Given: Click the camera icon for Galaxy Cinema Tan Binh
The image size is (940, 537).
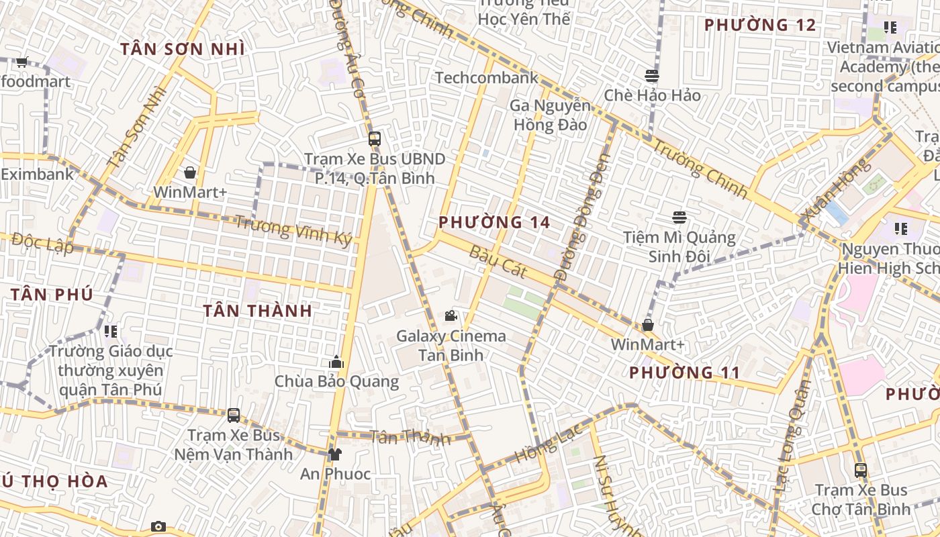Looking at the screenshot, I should pyautogui.click(x=451, y=315).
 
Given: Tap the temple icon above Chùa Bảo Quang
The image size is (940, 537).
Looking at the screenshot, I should pyautogui.click(x=336, y=362).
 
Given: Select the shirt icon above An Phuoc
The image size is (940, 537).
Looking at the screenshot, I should pyautogui.click(x=335, y=454).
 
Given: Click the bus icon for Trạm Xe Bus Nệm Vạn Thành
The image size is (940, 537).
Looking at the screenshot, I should pyautogui.click(x=234, y=416).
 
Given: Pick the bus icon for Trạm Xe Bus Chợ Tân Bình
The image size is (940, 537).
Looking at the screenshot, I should pyautogui.click(x=861, y=471).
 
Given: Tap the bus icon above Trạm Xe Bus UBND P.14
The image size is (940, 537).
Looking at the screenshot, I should pyautogui.click(x=375, y=140).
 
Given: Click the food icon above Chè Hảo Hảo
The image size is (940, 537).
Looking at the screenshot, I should pyautogui.click(x=652, y=76).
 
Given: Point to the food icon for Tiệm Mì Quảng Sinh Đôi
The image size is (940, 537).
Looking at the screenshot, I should pyautogui.click(x=679, y=217).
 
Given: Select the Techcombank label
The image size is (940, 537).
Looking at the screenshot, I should pyautogui.click(x=487, y=78).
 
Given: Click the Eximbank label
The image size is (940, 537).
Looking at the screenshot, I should pyautogui.click(x=37, y=175).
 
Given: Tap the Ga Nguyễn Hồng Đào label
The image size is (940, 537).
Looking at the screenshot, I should pyautogui.click(x=550, y=115).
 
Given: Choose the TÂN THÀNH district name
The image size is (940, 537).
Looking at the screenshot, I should pyautogui.click(x=258, y=311).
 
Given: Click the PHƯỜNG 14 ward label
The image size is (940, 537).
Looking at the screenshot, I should pyautogui.click(x=494, y=222).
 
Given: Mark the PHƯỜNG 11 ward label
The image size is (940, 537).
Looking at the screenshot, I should pyautogui.click(x=684, y=373).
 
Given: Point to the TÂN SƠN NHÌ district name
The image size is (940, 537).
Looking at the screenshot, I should pyautogui.click(x=182, y=49).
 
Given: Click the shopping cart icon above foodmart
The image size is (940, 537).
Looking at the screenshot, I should pyautogui.click(x=21, y=62).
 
